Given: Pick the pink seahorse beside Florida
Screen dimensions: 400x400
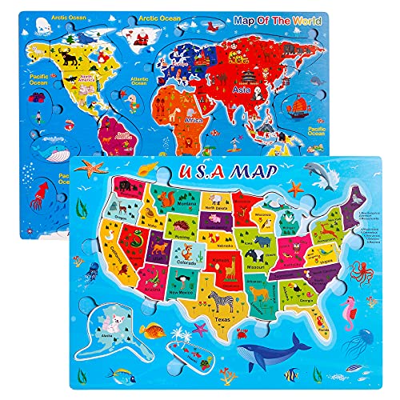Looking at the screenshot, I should pyautogui.click(x=348, y=308).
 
